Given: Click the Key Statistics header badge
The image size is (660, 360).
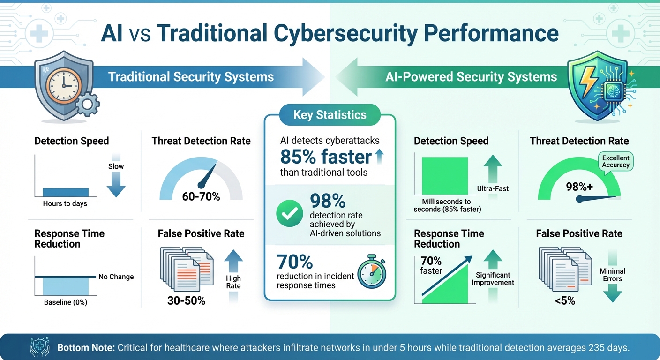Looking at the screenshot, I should click(330, 115).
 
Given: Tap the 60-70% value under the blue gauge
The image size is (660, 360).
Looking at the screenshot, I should click(201, 196).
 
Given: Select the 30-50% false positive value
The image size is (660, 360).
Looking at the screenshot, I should click(186, 300).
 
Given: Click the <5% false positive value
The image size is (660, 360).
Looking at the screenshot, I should click(564, 300).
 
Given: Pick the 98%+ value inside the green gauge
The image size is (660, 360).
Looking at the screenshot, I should click(579, 187).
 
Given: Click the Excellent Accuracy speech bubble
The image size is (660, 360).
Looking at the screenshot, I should click(615, 161).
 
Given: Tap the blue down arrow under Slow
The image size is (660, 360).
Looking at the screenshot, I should click(116, 186).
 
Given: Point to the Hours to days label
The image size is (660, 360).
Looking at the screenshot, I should click(65, 203).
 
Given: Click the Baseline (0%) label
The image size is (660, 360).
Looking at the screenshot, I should click(66, 302).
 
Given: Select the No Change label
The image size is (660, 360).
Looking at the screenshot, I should click(116, 277).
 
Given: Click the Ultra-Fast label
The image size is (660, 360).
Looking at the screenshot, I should click(493, 188).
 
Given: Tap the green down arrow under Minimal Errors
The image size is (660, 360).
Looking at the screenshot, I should click(612, 294).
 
